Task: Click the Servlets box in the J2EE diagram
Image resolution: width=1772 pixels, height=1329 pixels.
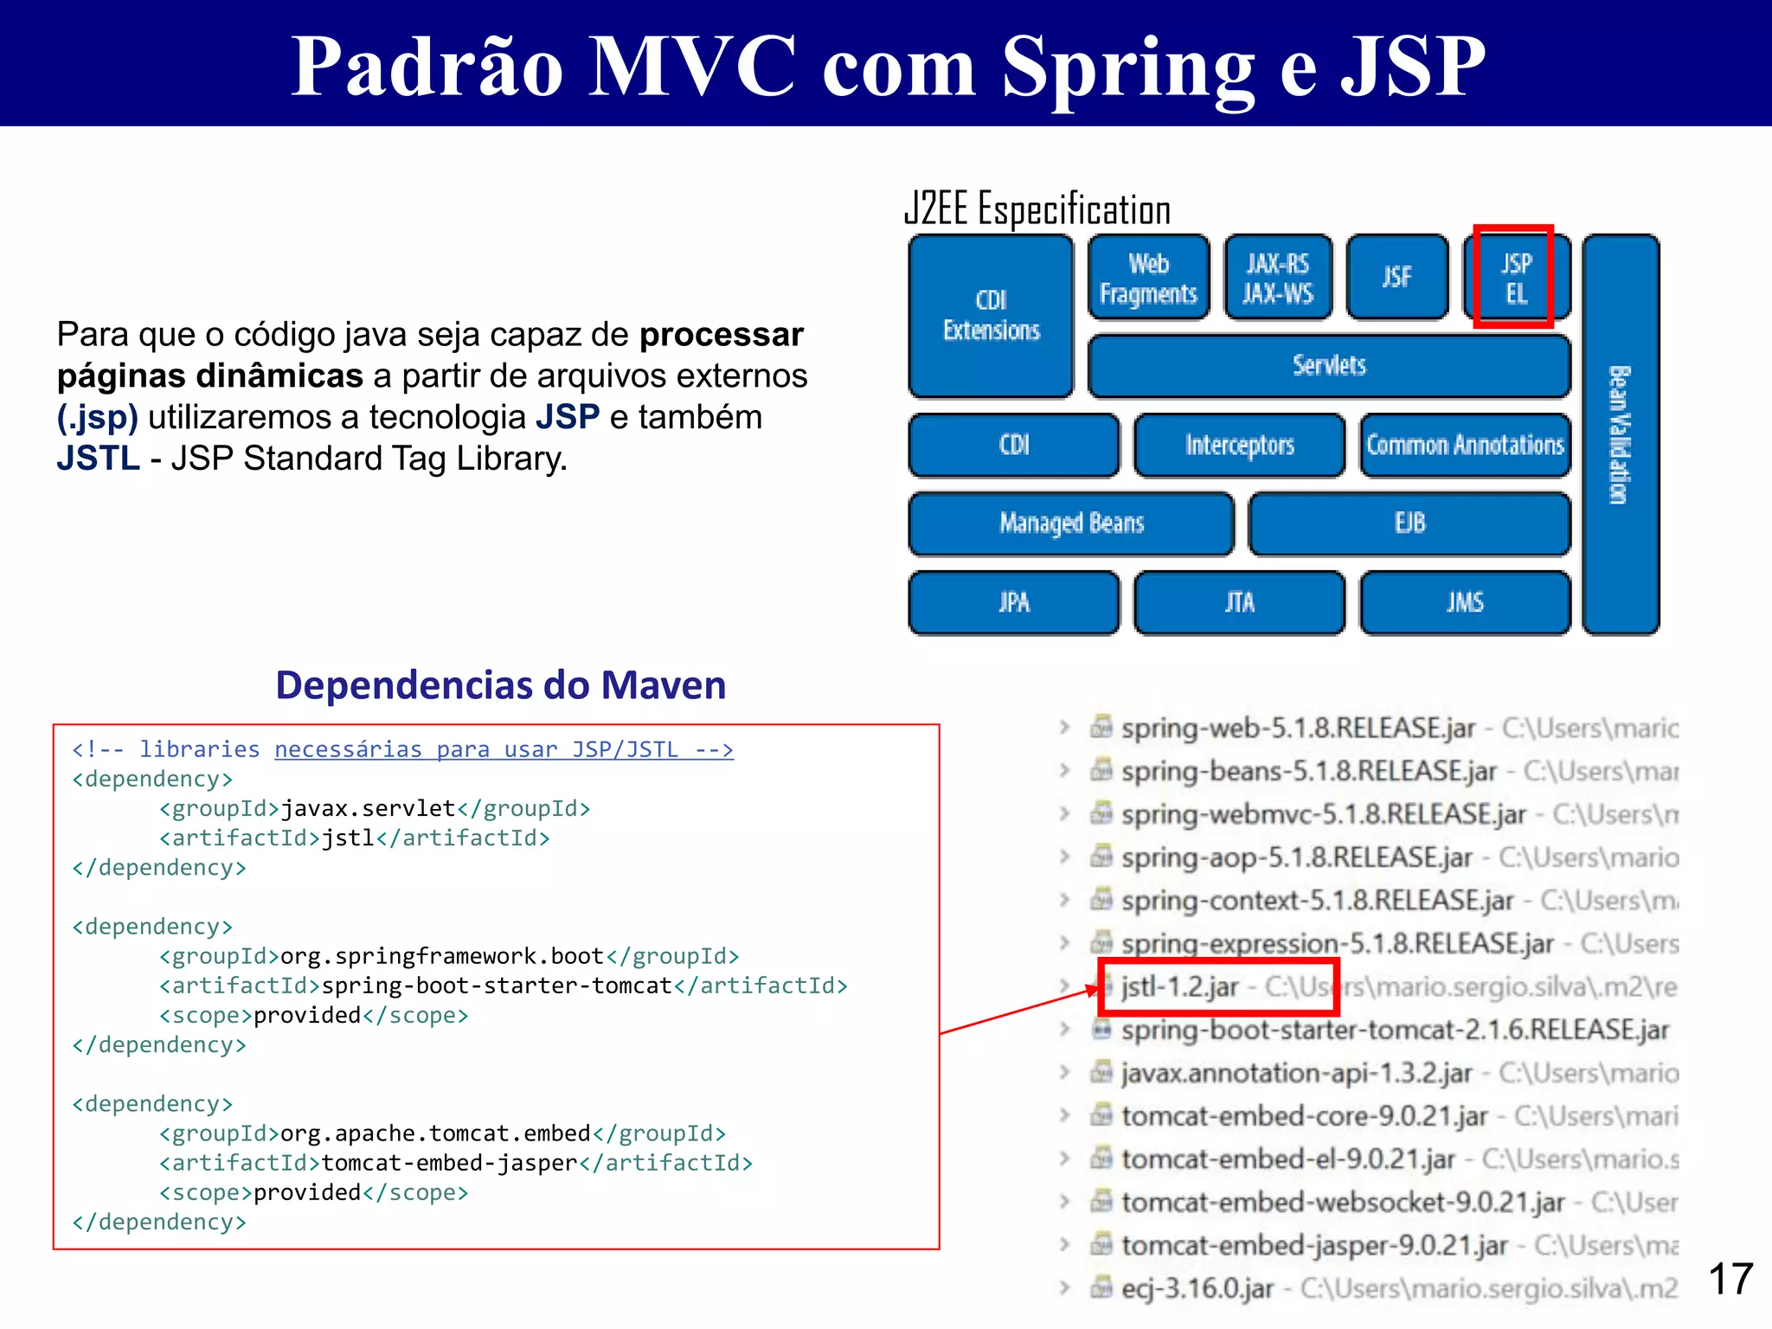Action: [1329, 366]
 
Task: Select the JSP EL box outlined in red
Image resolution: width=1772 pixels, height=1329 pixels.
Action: [1514, 278]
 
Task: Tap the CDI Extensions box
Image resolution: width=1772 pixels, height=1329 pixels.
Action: [991, 316]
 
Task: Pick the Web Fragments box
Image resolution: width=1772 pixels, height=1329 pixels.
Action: [1148, 278]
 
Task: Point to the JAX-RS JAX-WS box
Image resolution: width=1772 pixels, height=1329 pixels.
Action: [1278, 278]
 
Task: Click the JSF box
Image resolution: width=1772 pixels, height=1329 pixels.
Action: [1396, 278]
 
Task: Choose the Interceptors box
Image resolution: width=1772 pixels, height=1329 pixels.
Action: [1239, 446]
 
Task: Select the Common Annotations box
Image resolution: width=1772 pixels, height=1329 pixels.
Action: [1465, 446]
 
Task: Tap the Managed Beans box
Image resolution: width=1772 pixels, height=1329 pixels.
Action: [1071, 523]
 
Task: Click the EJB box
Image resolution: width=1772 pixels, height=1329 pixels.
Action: [1409, 523]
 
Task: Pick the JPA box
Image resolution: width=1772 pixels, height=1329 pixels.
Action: [1014, 602]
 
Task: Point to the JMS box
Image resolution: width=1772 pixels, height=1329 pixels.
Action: [1465, 602]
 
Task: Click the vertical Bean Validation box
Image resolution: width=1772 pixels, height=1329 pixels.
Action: [1620, 434]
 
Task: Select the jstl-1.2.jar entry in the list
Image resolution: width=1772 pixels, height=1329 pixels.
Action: [1180, 987]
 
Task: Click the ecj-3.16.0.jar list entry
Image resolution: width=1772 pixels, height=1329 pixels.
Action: [1197, 1289]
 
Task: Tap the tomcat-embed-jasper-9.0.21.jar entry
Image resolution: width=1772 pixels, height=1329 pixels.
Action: [1313, 1246]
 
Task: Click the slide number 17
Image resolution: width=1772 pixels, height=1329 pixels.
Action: [1730, 1279]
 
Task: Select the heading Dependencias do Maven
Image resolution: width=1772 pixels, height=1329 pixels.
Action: [501, 685]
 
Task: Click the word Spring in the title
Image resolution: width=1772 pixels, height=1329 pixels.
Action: [1128, 67]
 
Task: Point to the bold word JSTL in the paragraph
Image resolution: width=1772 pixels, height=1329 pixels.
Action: [98, 459]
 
